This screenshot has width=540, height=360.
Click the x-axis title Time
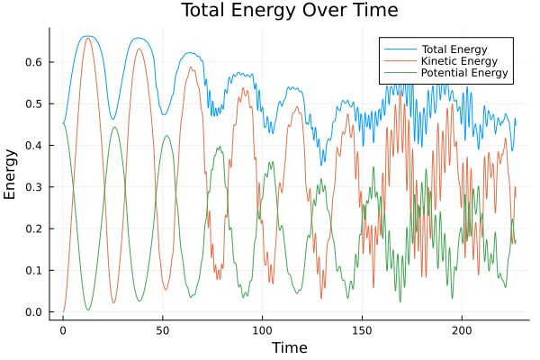289,347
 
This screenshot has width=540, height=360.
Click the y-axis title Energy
11,175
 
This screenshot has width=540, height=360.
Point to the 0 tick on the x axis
63,329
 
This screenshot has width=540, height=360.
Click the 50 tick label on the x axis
163,329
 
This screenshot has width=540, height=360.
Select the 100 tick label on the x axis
263,329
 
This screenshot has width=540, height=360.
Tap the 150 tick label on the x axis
363,329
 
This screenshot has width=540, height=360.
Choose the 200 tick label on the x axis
463,329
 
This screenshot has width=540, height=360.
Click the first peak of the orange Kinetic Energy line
87,39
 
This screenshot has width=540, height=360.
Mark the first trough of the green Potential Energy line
88,310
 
